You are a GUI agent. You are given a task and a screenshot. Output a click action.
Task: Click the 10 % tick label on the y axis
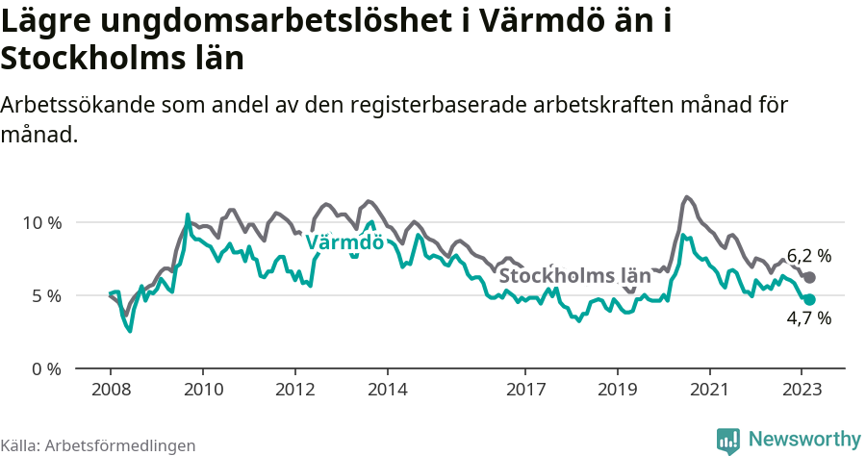pyautogui.click(x=41, y=222)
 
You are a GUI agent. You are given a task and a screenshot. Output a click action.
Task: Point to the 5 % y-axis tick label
pyautogui.click(x=45, y=295)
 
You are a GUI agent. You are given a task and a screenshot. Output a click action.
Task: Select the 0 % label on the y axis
pyautogui.click(x=45, y=368)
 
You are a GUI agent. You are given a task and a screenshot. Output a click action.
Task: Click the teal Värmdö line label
pyautogui.click(x=344, y=242)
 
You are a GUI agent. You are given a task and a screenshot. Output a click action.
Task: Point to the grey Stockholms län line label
pyautogui.click(x=573, y=276)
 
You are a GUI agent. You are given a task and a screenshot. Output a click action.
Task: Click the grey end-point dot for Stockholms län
pyautogui.click(x=809, y=277)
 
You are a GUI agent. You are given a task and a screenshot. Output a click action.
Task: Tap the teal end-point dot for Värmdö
pyautogui.click(x=809, y=300)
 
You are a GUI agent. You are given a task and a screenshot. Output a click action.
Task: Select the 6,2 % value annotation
pyautogui.click(x=808, y=256)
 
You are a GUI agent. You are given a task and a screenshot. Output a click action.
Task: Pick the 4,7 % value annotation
pyautogui.click(x=808, y=319)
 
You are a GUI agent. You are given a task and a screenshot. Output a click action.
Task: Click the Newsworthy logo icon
pyautogui.click(x=728, y=440)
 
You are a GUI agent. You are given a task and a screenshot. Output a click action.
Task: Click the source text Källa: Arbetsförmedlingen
pyautogui.click(x=98, y=445)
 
